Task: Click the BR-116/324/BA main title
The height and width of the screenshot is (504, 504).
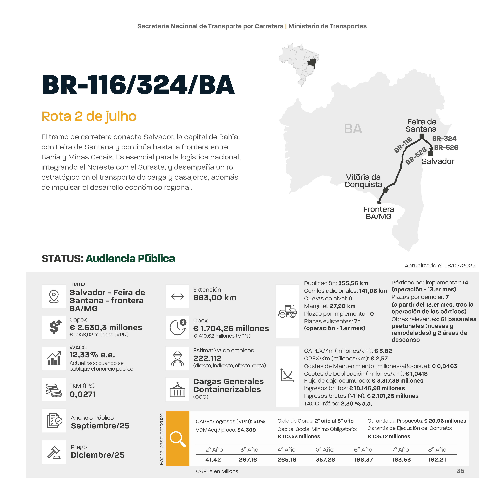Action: click(138, 85)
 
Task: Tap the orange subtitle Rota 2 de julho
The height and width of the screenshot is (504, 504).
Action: click(89, 116)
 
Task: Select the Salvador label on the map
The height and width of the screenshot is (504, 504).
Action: click(438, 161)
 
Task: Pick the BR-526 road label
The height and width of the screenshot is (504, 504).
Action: click(446, 148)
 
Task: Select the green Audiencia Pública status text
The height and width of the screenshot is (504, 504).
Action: click(130, 259)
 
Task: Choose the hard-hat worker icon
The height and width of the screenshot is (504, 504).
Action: click(177, 358)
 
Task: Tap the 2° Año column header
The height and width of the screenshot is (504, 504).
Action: click(214, 450)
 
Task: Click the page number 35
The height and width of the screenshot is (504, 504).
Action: click(460, 471)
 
